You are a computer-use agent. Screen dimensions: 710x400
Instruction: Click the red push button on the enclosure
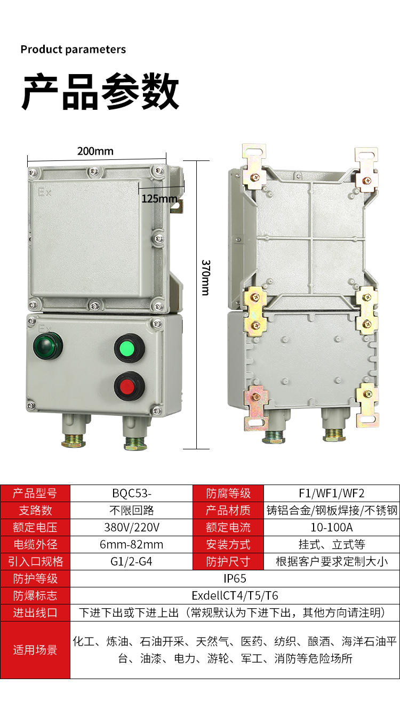pos(129,386)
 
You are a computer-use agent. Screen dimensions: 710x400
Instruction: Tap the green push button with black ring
pos(129,349)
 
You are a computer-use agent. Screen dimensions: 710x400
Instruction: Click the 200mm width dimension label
pos(95,151)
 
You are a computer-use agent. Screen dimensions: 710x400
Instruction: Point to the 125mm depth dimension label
pos(159,199)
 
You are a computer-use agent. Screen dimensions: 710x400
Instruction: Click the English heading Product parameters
pos(73,50)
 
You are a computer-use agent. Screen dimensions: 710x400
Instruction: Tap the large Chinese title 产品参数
pos(100,92)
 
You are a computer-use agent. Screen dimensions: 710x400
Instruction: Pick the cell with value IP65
pos(235,578)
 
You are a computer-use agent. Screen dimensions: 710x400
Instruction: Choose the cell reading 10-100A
pos(332,528)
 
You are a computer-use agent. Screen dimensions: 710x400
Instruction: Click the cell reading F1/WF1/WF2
pos(332,494)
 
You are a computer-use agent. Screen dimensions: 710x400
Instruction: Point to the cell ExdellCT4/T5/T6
pos(235,595)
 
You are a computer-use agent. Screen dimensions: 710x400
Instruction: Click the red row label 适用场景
pos(35,650)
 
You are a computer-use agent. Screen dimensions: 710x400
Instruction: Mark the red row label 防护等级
pos(35,578)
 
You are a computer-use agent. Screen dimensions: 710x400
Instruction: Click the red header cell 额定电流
pos(228,528)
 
